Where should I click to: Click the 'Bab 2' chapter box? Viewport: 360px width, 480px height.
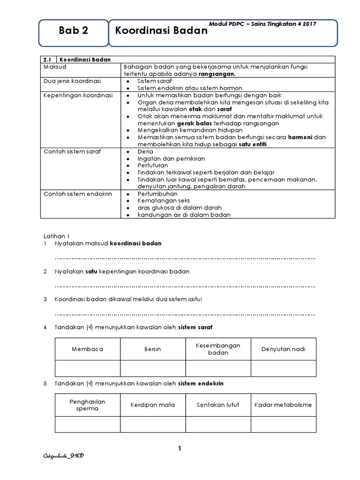(73, 32)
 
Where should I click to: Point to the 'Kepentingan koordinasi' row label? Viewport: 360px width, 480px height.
(78, 95)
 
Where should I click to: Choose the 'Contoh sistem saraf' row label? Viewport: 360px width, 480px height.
(72, 152)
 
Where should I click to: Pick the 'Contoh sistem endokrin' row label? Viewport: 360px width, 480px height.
(77, 194)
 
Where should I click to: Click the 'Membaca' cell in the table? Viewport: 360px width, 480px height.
(88, 349)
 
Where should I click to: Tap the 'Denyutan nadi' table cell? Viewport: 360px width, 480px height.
(283, 349)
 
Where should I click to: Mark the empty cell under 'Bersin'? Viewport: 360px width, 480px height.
(153, 368)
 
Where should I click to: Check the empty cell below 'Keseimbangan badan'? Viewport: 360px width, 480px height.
(218, 368)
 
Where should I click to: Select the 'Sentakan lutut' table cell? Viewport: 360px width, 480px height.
(218, 405)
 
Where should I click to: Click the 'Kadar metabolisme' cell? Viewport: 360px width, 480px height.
(283, 405)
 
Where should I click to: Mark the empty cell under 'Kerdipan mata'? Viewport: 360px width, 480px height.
(153, 424)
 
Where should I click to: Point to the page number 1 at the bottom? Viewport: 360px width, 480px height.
(180, 449)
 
